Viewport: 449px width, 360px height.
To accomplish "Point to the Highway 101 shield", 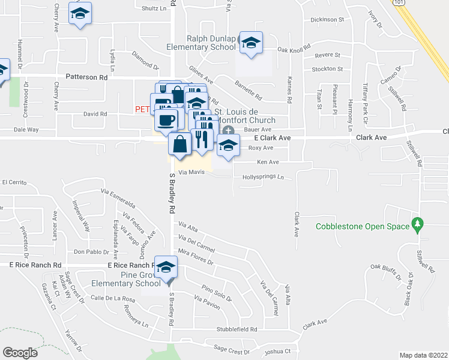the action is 400,3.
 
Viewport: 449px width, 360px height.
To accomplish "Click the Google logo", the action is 20,352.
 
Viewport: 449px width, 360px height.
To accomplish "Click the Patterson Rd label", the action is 86,77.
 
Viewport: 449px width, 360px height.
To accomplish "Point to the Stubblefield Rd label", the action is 237,329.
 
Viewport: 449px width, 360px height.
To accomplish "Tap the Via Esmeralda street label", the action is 118,197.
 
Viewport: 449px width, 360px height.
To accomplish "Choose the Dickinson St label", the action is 327,19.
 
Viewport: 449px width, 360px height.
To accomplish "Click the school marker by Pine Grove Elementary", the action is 166,267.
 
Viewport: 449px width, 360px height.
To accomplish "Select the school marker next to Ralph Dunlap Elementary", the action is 251,42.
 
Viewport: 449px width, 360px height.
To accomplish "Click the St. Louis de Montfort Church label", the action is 245,116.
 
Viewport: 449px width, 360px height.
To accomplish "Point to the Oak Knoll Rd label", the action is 294,47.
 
